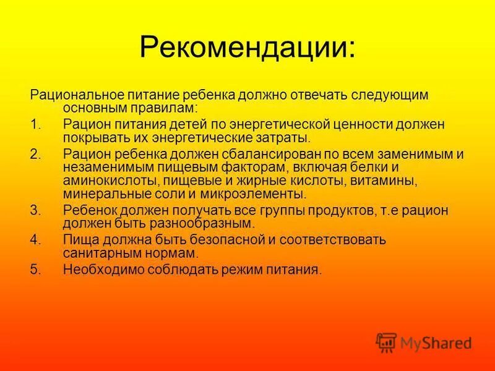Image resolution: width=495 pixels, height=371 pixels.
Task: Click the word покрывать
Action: (x=95, y=137)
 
